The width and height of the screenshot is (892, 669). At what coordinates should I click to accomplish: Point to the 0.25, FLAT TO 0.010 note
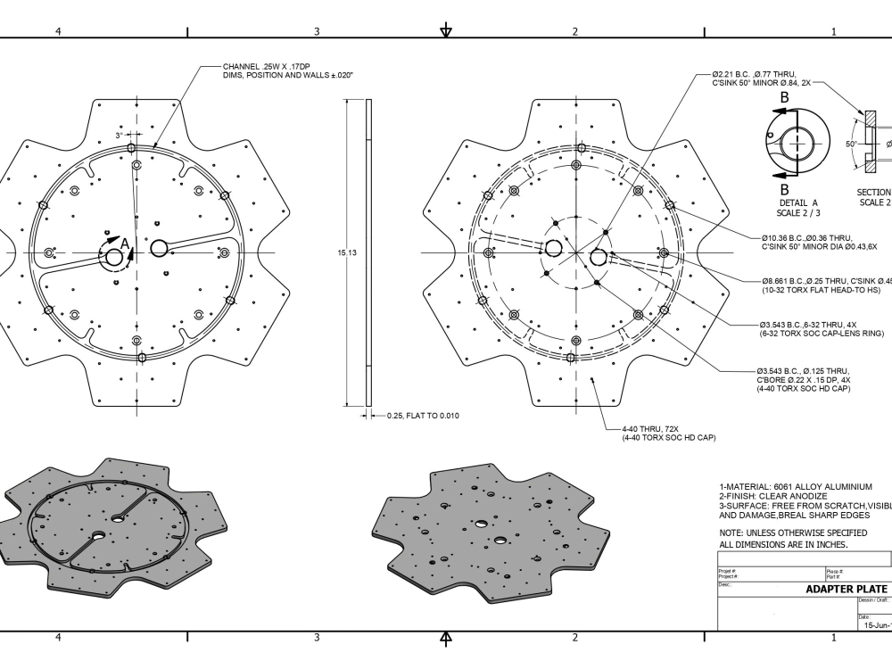[x=423, y=416]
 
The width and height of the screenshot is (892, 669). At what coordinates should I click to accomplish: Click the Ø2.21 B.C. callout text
[x=754, y=75]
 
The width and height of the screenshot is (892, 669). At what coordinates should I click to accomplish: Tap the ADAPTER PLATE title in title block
[x=847, y=589]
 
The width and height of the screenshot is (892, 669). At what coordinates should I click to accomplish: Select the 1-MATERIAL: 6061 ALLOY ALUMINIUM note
[x=795, y=486]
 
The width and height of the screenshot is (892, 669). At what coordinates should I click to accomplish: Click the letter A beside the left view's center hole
[x=124, y=243]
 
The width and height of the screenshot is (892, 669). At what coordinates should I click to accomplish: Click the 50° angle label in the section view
[x=851, y=143]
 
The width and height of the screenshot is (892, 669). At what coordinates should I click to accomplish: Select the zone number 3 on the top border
[x=317, y=31]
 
